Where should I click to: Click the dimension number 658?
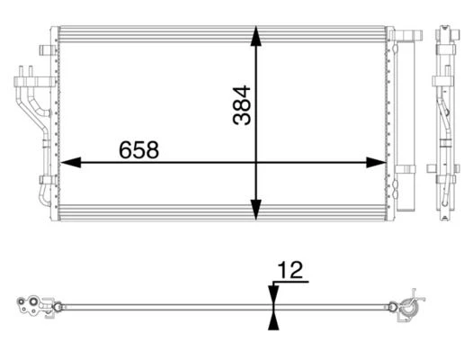pyautogui.click(x=138, y=149)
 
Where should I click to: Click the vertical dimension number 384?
pyautogui.click(x=242, y=105)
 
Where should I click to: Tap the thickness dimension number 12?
pyautogui.click(x=290, y=270)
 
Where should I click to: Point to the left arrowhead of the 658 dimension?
pyautogui.click(x=71, y=163)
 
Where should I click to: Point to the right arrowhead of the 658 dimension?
pyautogui.click(x=376, y=163)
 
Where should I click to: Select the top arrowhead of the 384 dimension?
pyautogui.click(x=255, y=36)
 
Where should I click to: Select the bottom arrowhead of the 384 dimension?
pyautogui.click(x=255, y=210)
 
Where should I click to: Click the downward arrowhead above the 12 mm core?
pyautogui.click(x=273, y=294)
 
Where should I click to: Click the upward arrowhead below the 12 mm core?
pyautogui.click(x=273, y=320)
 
